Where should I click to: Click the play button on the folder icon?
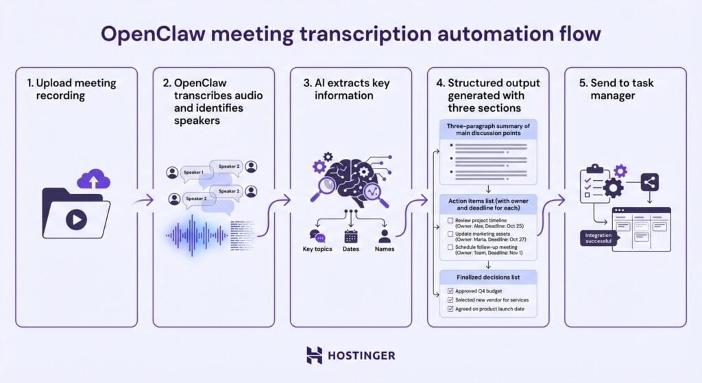coord(75,219)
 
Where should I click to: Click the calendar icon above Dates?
coord(350,236)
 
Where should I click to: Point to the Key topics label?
coord(317,249)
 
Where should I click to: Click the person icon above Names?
coord(385,236)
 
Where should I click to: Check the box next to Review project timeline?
coord(450,221)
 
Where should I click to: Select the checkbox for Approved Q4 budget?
coord(450,291)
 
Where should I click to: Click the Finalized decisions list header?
coord(487,277)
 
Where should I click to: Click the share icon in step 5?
coord(651,182)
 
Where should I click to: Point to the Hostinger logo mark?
coord(314,355)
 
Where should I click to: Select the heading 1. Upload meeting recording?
coord(71,89)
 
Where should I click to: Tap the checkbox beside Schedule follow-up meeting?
coord(450,247)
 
